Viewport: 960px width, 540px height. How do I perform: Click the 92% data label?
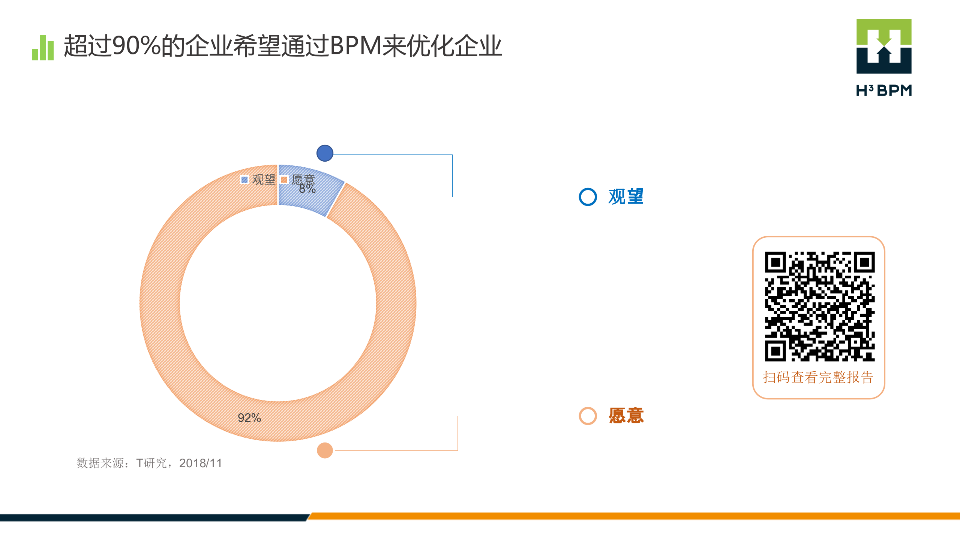pyautogui.click(x=249, y=418)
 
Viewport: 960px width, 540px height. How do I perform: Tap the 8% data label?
pyautogui.click(x=307, y=189)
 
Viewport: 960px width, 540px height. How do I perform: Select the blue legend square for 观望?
pyautogui.click(x=244, y=180)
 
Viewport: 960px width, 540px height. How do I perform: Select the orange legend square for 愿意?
pyautogui.click(x=284, y=180)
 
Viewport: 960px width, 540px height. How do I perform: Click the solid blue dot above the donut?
pyautogui.click(x=325, y=153)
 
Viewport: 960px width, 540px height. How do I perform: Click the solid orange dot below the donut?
pyautogui.click(x=325, y=450)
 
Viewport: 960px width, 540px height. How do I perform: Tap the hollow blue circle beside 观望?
pyautogui.click(x=588, y=197)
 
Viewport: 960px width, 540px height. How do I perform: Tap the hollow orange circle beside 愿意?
pyautogui.click(x=588, y=416)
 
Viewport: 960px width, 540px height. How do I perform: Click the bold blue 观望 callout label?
pyautogui.click(x=626, y=197)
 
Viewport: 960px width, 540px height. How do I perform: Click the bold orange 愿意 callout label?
pyautogui.click(x=626, y=416)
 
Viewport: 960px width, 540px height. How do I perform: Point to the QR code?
pyautogui.click(x=820, y=306)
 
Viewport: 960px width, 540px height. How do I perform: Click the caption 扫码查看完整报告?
pyautogui.click(x=818, y=377)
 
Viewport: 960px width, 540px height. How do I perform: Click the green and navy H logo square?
pyautogui.click(x=884, y=46)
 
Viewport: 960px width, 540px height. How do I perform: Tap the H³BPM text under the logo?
pyautogui.click(x=884, y=91)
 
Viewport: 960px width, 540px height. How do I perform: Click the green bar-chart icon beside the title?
pyautogui.click(x=43, y=48)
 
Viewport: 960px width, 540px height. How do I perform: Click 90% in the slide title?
pyautogui.click(x=136, y=46)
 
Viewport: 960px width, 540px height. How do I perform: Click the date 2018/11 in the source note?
pyautogui.click(x=201, y=463)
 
